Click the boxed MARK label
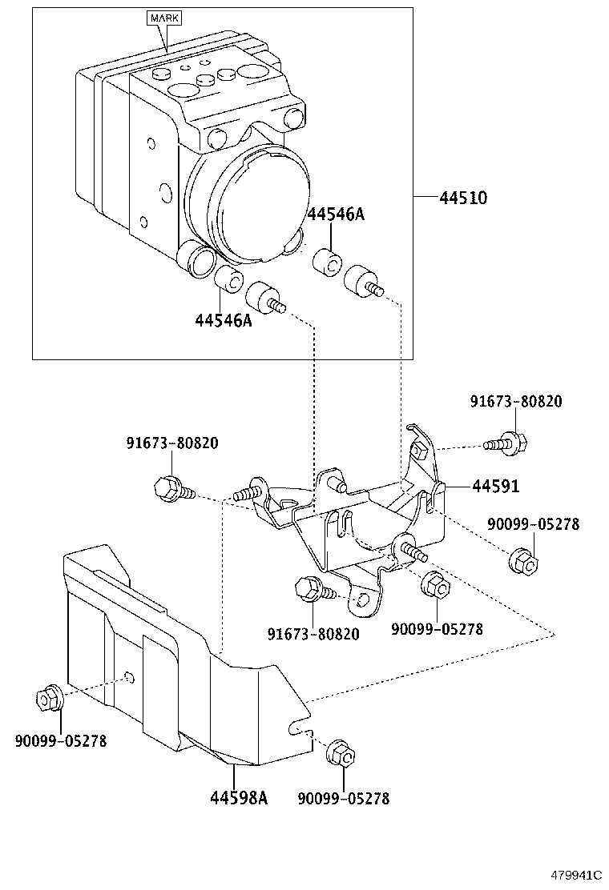click(163, 17)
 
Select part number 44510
click(464, 198)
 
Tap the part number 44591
click(495, 486)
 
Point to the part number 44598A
click(238, 798)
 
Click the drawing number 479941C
click(575, 876)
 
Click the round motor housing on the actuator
click(248, 200)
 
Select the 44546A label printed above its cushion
click(336, 214)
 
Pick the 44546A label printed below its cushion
click(223, 320)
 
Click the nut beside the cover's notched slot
click(340, 754)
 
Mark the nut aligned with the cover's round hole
click(47, 698)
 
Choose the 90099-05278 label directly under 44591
click(533, 524)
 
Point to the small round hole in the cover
click(129, 680)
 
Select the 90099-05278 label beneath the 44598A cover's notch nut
click(343, 799)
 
